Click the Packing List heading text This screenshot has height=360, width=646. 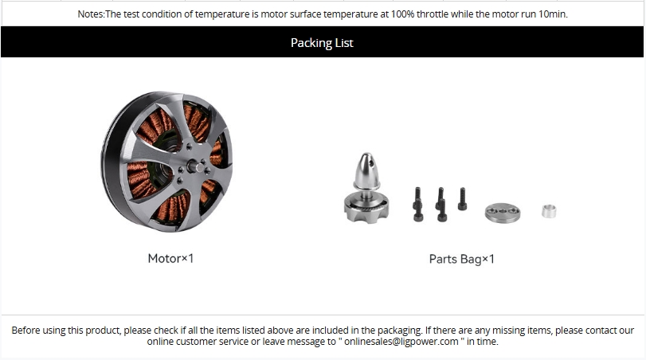[x=322, y=43]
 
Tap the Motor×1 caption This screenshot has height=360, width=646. [x=170, y=258]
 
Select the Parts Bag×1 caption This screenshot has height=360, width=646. [x=461, y=259]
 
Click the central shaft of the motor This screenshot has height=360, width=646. [x=196, y=166]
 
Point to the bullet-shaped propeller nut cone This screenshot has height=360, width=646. [x=366, y=171]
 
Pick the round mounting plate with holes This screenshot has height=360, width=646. [x=503, y=213]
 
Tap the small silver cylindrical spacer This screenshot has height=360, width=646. [x=549, y=211]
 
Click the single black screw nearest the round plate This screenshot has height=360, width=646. [x=462, y=199]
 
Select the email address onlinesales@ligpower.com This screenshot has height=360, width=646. [x=401, y=342]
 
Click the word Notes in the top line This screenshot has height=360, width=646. [x=90, y=14]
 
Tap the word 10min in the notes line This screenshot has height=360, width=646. [x=553, y=14]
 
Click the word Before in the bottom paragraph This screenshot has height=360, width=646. [x=25, y=331]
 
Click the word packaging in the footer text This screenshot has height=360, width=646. [x=400, y=331]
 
